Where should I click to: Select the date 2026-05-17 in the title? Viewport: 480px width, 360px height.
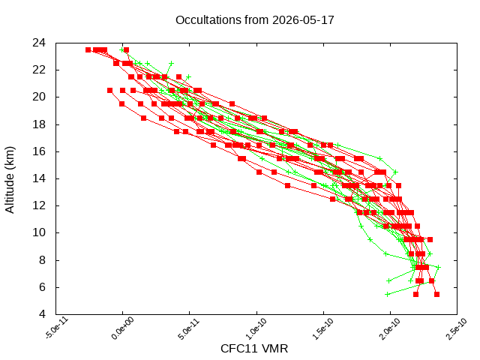coord(303,20)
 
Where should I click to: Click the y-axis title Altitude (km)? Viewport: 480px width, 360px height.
coord(10,180)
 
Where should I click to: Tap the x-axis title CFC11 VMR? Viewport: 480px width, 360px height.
coord(254,349)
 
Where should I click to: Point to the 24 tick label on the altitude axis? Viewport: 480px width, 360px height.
coord(39,43)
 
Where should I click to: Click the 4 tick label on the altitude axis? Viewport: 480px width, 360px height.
coord(42,314)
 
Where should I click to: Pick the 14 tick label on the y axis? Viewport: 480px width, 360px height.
coord(39,178)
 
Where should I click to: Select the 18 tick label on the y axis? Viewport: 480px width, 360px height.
coord(39,124)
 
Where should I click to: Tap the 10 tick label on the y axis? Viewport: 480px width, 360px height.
coord(39,232)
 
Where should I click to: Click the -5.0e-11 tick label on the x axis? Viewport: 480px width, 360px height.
coord(57,328)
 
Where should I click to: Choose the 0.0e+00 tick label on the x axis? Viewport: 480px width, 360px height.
coord(123,328)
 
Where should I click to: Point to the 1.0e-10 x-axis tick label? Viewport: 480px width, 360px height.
coord(257,328)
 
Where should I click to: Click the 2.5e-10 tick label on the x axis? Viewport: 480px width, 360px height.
coord(457,328)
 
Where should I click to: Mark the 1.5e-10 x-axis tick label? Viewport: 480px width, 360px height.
coord(323,328)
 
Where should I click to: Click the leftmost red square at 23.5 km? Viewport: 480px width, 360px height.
coord(88,50)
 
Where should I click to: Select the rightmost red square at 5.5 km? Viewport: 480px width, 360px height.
coord(436,295)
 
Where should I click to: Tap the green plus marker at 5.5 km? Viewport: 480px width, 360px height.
coord(387,295)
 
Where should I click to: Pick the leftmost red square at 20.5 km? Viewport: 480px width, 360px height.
coord(110,90)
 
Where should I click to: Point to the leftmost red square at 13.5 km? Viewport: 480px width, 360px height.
coord(287,185)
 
